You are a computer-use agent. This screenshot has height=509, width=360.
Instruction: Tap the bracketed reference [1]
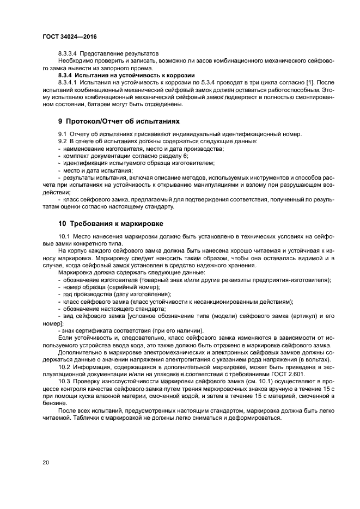pyautogui.click(x=288, y=82)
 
